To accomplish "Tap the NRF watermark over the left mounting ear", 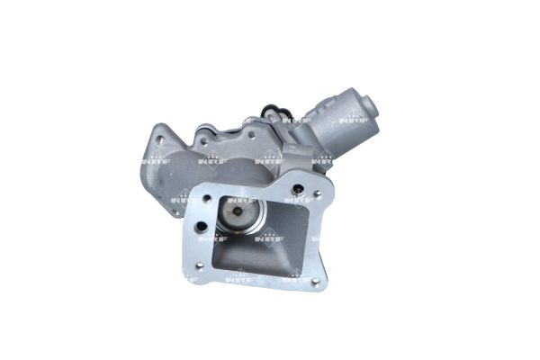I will [x=154, y=159].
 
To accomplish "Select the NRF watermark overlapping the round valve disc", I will [x=239, y=200].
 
